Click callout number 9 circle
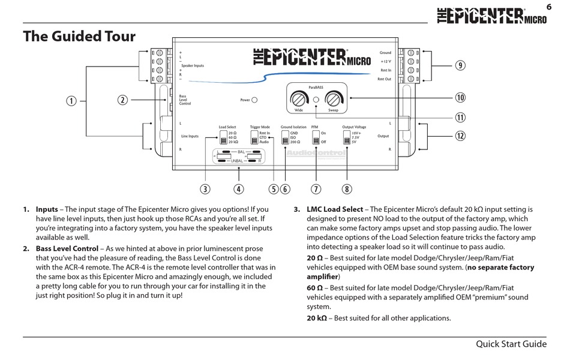(x=460, y=66)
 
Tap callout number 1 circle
(x=72, y=101)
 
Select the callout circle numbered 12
(x=460, y=136)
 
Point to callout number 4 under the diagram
(x=239, y=189)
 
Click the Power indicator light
(x=254, y=100)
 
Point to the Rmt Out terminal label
(x=384, y=79)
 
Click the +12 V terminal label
(x=385, y=61)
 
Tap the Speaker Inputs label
(x=193, y=65)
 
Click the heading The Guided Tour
(x=79, y=37)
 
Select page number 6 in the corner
(x=548, y=7)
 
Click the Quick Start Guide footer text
(x=511, y=344)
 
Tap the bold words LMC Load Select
(x=335, y=209)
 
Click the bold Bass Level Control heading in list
(x=67, y=248)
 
